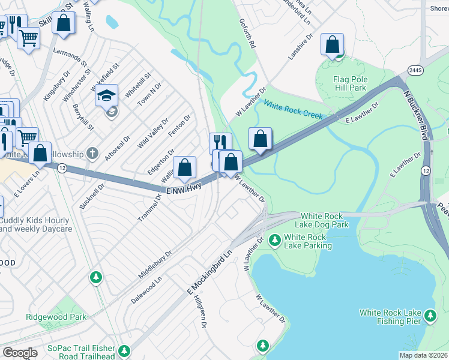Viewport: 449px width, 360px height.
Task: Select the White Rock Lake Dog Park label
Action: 324,220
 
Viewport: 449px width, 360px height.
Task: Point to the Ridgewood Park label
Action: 56,317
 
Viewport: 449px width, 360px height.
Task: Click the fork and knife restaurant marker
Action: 220,143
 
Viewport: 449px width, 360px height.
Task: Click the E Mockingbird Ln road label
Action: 209,272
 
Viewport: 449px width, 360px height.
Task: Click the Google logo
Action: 20,353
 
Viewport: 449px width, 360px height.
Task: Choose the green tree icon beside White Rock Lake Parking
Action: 275,241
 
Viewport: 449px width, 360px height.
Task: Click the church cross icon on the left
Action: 92,153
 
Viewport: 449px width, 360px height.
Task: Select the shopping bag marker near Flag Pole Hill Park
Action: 332,44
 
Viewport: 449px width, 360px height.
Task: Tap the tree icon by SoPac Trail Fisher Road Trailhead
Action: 124,350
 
